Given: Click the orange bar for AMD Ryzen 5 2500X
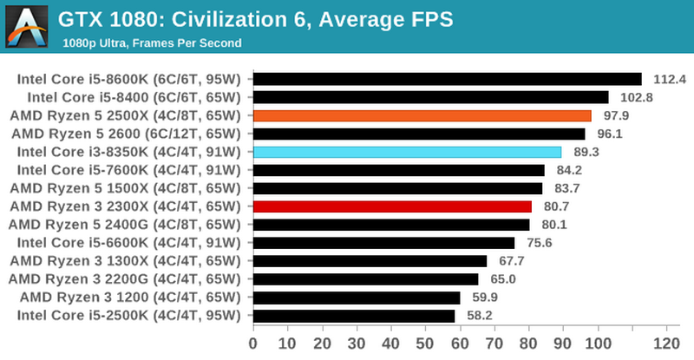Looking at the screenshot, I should click(422, 115).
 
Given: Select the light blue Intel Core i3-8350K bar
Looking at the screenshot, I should click(407, 152).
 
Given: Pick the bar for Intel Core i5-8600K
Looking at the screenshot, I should click(447, 79).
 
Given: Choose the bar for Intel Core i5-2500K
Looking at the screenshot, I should click(354, 316).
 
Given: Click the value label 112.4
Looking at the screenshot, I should click(669, 79).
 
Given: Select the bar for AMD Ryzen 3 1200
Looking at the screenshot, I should click(357, 298).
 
